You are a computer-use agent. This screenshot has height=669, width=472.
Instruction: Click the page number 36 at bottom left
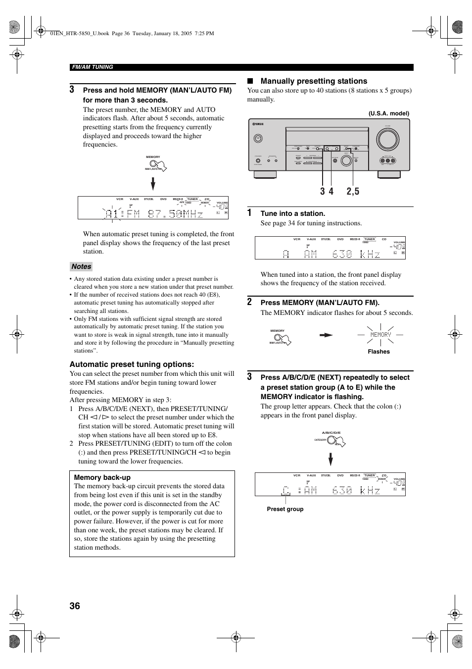coord(75,606)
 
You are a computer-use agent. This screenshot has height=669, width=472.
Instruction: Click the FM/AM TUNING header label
coord(93,67)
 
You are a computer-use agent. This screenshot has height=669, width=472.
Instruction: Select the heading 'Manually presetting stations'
coord(314,81)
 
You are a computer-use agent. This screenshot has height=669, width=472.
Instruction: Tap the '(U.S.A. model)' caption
coord(388,113)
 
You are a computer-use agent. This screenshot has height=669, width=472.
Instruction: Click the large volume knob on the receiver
coord(387,140)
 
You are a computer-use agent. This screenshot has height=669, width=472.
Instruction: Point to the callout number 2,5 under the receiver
coord(353,191)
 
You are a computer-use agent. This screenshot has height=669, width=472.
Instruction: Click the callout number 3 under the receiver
coord(323,191)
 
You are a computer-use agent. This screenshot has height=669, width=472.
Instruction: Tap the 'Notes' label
coord(81,266)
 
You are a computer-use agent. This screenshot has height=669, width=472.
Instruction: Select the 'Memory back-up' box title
coord(102,477)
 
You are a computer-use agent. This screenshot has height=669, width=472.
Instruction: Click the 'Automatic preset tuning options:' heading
coord(132,364)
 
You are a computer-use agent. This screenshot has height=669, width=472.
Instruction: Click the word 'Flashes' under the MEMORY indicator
coord(378,352)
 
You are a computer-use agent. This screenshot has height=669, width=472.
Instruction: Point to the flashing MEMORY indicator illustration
coord(380,335)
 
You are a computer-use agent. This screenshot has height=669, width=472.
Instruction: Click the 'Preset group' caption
coord(285,509)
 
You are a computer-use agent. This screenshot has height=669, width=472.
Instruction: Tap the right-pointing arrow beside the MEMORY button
coord(326,335)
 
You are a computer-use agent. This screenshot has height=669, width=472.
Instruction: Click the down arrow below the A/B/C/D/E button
coord(330,460)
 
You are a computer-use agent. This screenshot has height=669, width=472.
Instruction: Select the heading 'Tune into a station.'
coord(293,213)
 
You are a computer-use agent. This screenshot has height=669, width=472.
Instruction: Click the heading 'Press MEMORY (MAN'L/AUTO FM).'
coord(320,303)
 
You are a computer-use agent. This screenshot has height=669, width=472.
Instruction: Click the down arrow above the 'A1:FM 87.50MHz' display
coord(153,184)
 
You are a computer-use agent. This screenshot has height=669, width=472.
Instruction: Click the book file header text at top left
coord(125,34)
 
